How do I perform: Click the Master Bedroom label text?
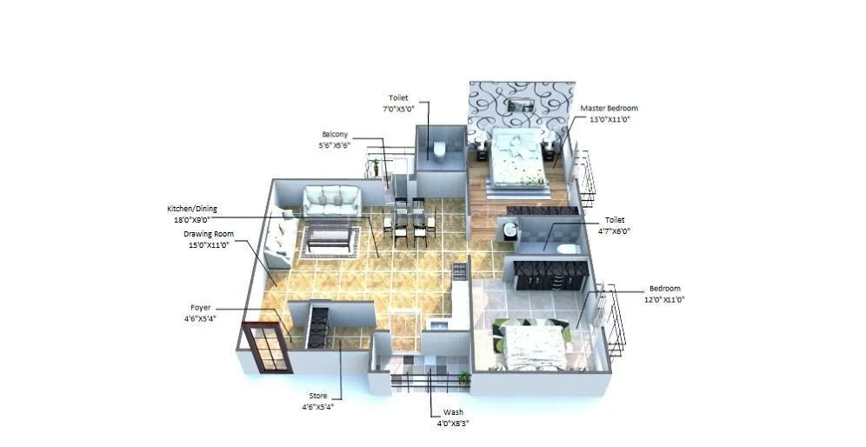point(609,109)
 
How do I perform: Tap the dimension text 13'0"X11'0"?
point(609,119)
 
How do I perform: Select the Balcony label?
point(335,134)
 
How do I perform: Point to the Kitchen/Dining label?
point(192,209)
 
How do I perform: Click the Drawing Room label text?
point(208,234)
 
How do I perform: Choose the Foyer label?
point(201,307)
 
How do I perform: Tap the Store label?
point(318,396)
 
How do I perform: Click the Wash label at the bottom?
point(453,412)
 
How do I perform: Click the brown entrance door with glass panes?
point(266,348)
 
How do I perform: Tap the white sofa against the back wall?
point(331,201)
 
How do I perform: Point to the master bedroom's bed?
point(518,158)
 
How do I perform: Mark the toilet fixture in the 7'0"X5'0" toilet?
point(440,149)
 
